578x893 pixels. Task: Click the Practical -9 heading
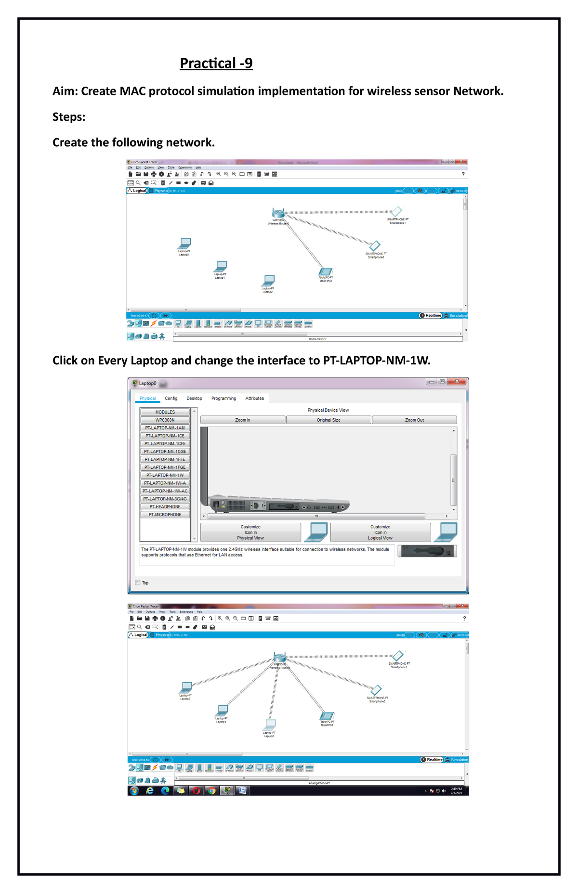[x=216, y=64]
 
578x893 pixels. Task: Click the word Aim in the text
[x=64, y=91]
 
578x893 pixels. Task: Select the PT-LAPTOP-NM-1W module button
[x=165, y=475]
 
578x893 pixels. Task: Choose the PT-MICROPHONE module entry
[x=165, y=515]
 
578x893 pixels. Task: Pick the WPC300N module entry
[x=165, y=420]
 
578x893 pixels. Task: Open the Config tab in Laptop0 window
[x=171, y=399]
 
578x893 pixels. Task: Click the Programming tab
[x=223, y=399]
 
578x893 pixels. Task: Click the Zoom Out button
[x=414, y=420]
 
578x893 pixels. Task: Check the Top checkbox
[x=138, y=582]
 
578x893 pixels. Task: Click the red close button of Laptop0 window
[x=457, y=382]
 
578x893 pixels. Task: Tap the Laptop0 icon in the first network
[x=185, y=243]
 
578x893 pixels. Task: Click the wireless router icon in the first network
[x=278, y=213]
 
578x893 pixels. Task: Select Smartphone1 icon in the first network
[x=397, y=211]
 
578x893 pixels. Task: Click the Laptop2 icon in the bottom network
[x=271, y=724]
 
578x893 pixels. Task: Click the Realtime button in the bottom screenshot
[x=432, y=760]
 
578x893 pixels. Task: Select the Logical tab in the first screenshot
[x=137, y=191]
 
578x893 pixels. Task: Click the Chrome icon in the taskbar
[x=211, y=790]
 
